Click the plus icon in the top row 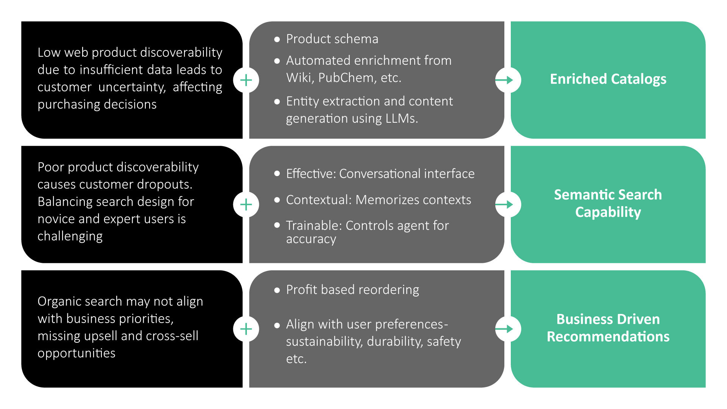[x=246, y=80]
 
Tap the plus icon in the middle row [x=246, y=204]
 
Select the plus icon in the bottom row [x=246, y=329]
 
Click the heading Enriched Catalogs [x=608, y=79]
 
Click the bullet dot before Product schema [x=277, y=39]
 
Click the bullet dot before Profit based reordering [x=277, y=290]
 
